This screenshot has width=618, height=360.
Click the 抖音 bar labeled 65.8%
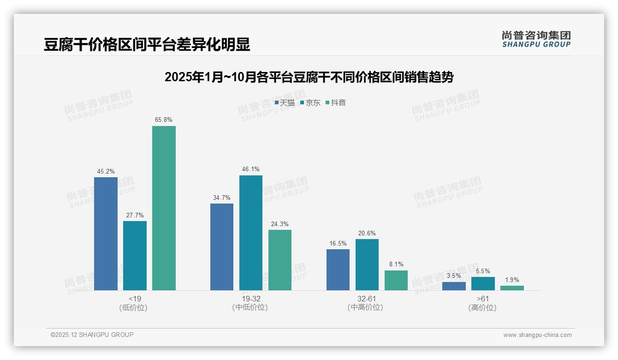click(164, 208)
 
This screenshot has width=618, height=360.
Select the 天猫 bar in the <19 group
click(106, 234)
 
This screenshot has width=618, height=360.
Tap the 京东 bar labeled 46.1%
click(251, 233)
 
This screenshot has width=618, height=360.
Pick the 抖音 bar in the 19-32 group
click(280, 260)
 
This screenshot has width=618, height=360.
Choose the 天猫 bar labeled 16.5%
click(338, 270)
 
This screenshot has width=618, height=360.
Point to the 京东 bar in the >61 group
click(483, 283)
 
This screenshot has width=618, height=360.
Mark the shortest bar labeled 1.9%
click(512, 288)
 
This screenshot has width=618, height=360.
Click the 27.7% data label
click(135, 215)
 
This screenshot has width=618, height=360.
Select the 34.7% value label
click(222, 198)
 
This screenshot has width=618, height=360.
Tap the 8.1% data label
click(396, 264)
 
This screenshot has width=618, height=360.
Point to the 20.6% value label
click(367, 233)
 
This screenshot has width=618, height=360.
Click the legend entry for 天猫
click(285, 103)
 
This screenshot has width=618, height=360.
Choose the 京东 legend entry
click(310, 103)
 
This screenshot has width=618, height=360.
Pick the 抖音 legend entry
click(336, 103)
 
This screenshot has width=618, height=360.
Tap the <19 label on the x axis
click(135, 299)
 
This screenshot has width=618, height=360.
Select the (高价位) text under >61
click(483, 307)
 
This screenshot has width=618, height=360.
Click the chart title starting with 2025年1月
click(309, 77)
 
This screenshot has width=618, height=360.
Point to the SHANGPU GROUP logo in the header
click(536, 39)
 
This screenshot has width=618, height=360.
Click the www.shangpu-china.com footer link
click(537, 335)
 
